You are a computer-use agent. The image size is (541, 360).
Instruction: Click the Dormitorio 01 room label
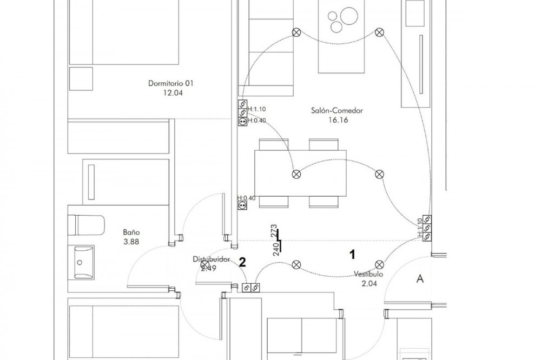tap(170, 83)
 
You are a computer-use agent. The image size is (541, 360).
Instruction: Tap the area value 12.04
tap(170, 92)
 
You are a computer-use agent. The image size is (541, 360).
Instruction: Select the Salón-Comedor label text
tap(337, 111)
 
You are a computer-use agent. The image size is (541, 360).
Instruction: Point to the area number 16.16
tap(337, 120)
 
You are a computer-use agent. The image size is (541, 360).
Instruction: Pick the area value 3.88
tap(131, 242)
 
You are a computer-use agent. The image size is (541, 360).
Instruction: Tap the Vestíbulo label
tap(369, 274)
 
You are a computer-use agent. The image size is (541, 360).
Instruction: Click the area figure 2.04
tap(369, 283)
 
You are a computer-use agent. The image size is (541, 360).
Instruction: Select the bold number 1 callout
tap(353, 252)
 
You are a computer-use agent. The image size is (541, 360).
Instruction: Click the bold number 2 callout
tap(243, 262)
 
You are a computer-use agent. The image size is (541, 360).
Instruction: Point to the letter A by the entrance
tap(419, 279)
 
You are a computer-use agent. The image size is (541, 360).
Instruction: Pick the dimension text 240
tap(275, 248)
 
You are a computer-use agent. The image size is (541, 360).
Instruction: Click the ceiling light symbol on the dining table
tap(296, 174)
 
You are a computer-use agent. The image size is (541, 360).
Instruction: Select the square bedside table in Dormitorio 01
tap(81, 79)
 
